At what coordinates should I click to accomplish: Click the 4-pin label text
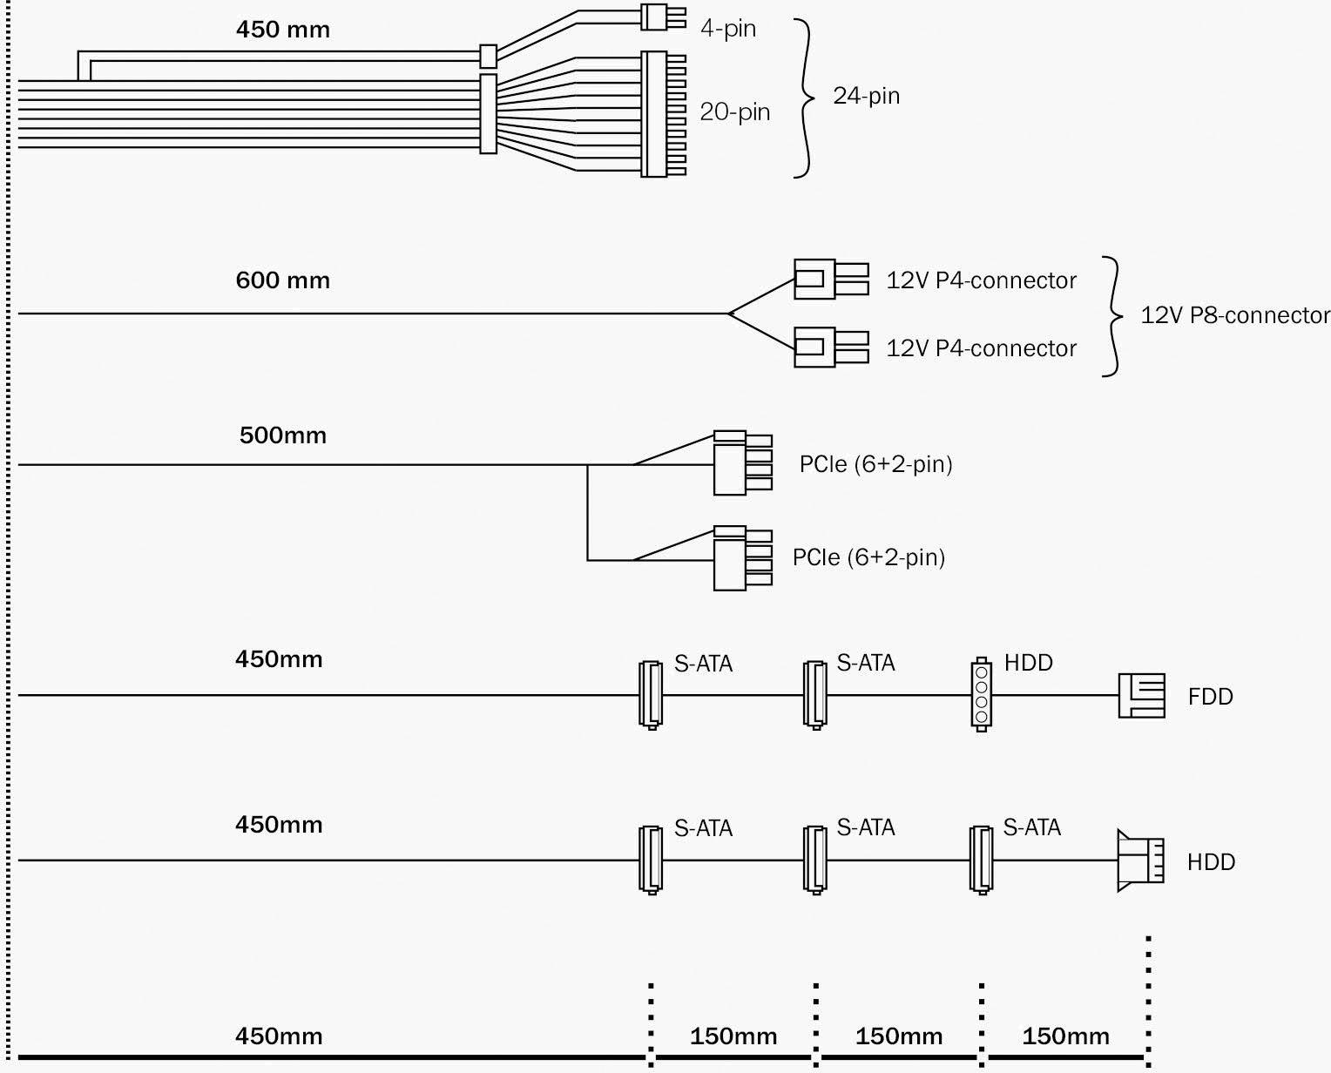(728, 29)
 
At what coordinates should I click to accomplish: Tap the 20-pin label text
(735, 111)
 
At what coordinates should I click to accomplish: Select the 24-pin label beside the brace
(866, 95)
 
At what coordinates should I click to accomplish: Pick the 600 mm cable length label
(283, 280)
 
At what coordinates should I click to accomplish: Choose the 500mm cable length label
(283, 435)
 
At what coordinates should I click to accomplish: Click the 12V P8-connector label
(1235, 314)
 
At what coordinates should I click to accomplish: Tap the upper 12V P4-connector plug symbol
(830, 280)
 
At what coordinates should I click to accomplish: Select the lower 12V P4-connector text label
(981, 348)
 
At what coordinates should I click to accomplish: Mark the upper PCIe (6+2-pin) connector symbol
(741, 462)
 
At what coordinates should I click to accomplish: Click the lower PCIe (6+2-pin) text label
(868, 557)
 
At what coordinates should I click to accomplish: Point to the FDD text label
(1210, 697)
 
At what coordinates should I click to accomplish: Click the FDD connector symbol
(1141, 695)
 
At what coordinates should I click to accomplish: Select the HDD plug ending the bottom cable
(1139, 861)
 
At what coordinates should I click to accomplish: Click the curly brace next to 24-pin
(805, 98)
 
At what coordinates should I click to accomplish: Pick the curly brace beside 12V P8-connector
(1111, 316)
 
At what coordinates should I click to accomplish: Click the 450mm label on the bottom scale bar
(279, 1036)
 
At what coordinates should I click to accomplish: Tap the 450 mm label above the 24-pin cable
(283, 30)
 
